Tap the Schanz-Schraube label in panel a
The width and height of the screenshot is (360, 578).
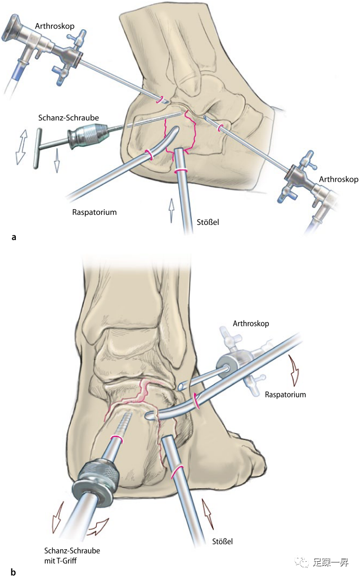point(69,118)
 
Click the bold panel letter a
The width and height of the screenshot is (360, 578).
point(13,238)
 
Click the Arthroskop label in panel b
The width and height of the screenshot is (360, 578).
point(250,324)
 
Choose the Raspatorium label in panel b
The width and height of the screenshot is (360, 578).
point(285,395)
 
